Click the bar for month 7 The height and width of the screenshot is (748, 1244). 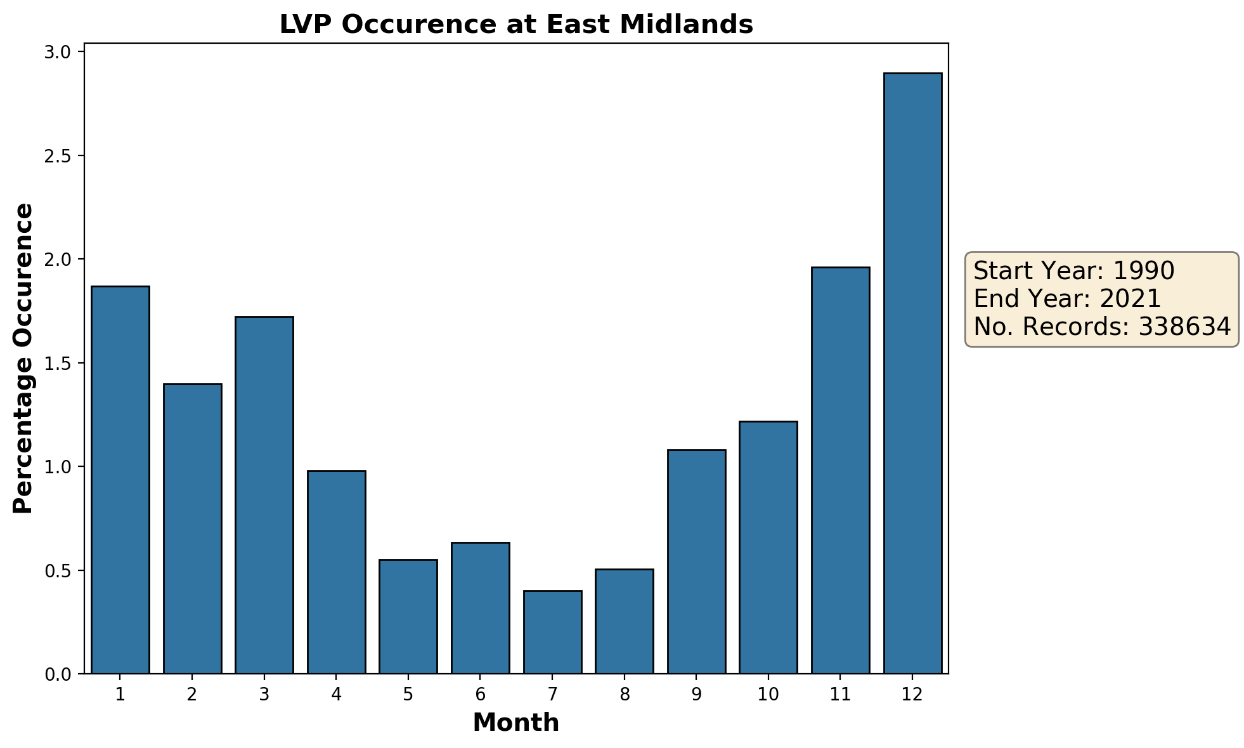[552, 632]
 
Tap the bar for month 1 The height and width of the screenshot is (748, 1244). [120, 480]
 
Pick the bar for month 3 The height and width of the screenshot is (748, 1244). [264, 495]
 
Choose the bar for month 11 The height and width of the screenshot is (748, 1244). [840, 470]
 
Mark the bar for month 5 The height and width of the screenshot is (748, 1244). [408, 616]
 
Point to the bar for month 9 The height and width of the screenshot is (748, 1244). [696, 561]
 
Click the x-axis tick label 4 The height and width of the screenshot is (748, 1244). [336, 695]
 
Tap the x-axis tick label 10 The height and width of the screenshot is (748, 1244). [768, 695]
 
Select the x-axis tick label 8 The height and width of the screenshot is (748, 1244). [625, 695]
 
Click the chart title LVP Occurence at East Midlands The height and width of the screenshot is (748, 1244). [516, 25]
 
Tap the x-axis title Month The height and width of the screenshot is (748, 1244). [516, 723]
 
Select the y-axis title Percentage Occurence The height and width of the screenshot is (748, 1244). [23, 358]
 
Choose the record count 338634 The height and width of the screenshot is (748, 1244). [1184, 327]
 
